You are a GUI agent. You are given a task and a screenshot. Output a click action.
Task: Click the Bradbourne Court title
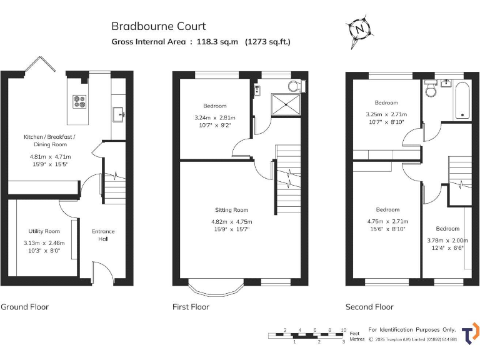point(158,26)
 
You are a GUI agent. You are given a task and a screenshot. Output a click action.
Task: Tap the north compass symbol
point(359,29)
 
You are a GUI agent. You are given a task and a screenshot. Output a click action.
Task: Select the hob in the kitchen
point(81,101)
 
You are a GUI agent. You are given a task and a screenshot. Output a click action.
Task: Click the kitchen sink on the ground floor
point(119,114)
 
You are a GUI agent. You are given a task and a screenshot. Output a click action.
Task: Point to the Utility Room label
point(44,231)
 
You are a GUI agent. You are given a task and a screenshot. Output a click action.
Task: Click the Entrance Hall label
point(103,235)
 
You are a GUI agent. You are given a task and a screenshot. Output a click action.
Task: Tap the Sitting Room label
point(232,210)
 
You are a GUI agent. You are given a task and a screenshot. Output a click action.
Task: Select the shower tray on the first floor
point(281,103)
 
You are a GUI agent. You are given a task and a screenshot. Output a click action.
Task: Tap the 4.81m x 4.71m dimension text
point(51,156)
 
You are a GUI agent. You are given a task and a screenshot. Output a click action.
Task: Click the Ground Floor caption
point(24,307)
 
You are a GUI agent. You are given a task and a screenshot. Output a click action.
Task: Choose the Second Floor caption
point(369,307)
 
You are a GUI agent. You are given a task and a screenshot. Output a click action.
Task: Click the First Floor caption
point(191,307)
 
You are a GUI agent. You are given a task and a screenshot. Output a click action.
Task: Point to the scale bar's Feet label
point(354,333)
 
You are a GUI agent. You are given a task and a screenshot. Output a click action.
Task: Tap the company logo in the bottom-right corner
point(470,332)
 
